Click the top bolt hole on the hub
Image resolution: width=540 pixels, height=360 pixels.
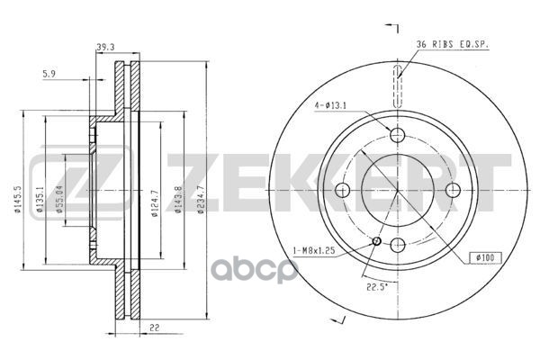[x=397, y=135]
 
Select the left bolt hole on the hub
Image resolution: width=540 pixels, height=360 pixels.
[x=342, y=190]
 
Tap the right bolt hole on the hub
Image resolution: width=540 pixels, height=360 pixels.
[x=453, y=190]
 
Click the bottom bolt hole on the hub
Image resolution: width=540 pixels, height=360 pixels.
[x=397, y=245]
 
